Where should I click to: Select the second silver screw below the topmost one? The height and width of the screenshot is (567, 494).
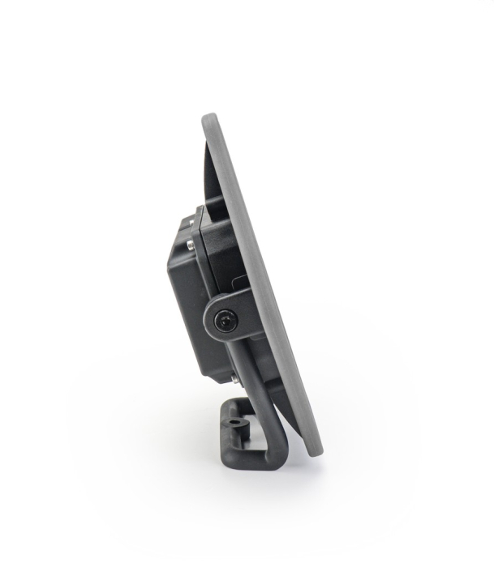tap(190, 244)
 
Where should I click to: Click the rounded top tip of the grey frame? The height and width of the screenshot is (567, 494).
tap(210, 118)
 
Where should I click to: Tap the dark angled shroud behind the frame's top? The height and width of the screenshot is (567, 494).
tap(209, 174)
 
